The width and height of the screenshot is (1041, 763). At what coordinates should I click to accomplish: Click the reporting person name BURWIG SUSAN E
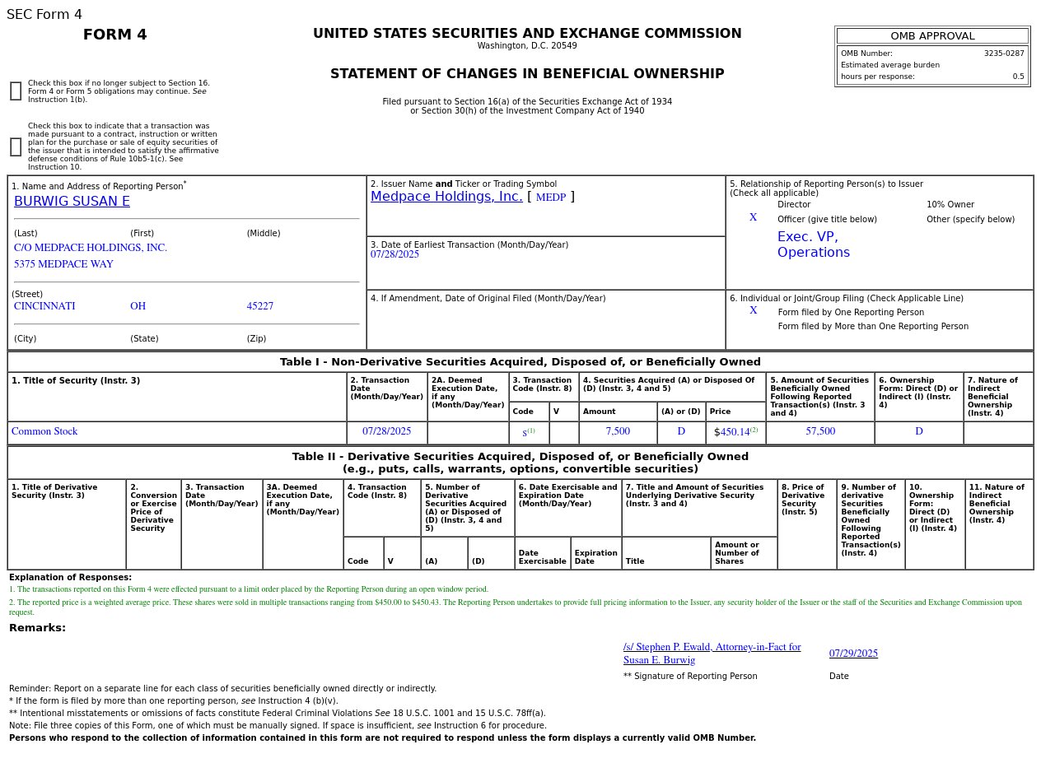(72, 202)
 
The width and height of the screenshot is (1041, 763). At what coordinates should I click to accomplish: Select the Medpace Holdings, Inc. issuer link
(446, 197)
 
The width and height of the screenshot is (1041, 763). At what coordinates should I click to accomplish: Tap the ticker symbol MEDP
(551, 198)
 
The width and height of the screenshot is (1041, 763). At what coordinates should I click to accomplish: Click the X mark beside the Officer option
(753, 218)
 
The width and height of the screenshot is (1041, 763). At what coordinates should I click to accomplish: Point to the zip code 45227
(259, 306)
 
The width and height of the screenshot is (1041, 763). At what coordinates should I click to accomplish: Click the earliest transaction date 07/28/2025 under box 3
(394, 254)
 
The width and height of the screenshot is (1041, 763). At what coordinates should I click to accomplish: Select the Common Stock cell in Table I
(44, 431)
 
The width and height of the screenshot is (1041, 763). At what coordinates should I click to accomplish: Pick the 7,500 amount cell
(618, 431)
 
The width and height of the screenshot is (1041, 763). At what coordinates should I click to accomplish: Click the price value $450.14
(734, 432)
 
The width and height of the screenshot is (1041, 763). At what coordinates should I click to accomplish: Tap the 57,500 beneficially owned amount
(820, 431)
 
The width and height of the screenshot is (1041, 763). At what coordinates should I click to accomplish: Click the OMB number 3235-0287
(1003, 54)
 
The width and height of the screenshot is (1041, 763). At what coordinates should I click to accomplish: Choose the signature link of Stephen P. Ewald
(712, 654)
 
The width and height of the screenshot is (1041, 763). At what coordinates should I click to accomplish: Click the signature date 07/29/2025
(853, 654)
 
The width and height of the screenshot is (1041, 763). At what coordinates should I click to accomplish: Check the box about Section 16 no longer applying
(16, 91)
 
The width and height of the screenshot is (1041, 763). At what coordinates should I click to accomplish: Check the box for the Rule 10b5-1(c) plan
(16, 147)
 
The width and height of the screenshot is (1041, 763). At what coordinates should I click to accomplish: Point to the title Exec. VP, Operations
(813, 244)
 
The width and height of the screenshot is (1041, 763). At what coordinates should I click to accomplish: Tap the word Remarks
(37, 628)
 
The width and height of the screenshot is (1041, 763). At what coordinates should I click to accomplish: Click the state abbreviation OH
(138, 306)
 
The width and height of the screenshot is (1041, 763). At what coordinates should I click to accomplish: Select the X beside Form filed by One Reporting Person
(753, 311)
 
